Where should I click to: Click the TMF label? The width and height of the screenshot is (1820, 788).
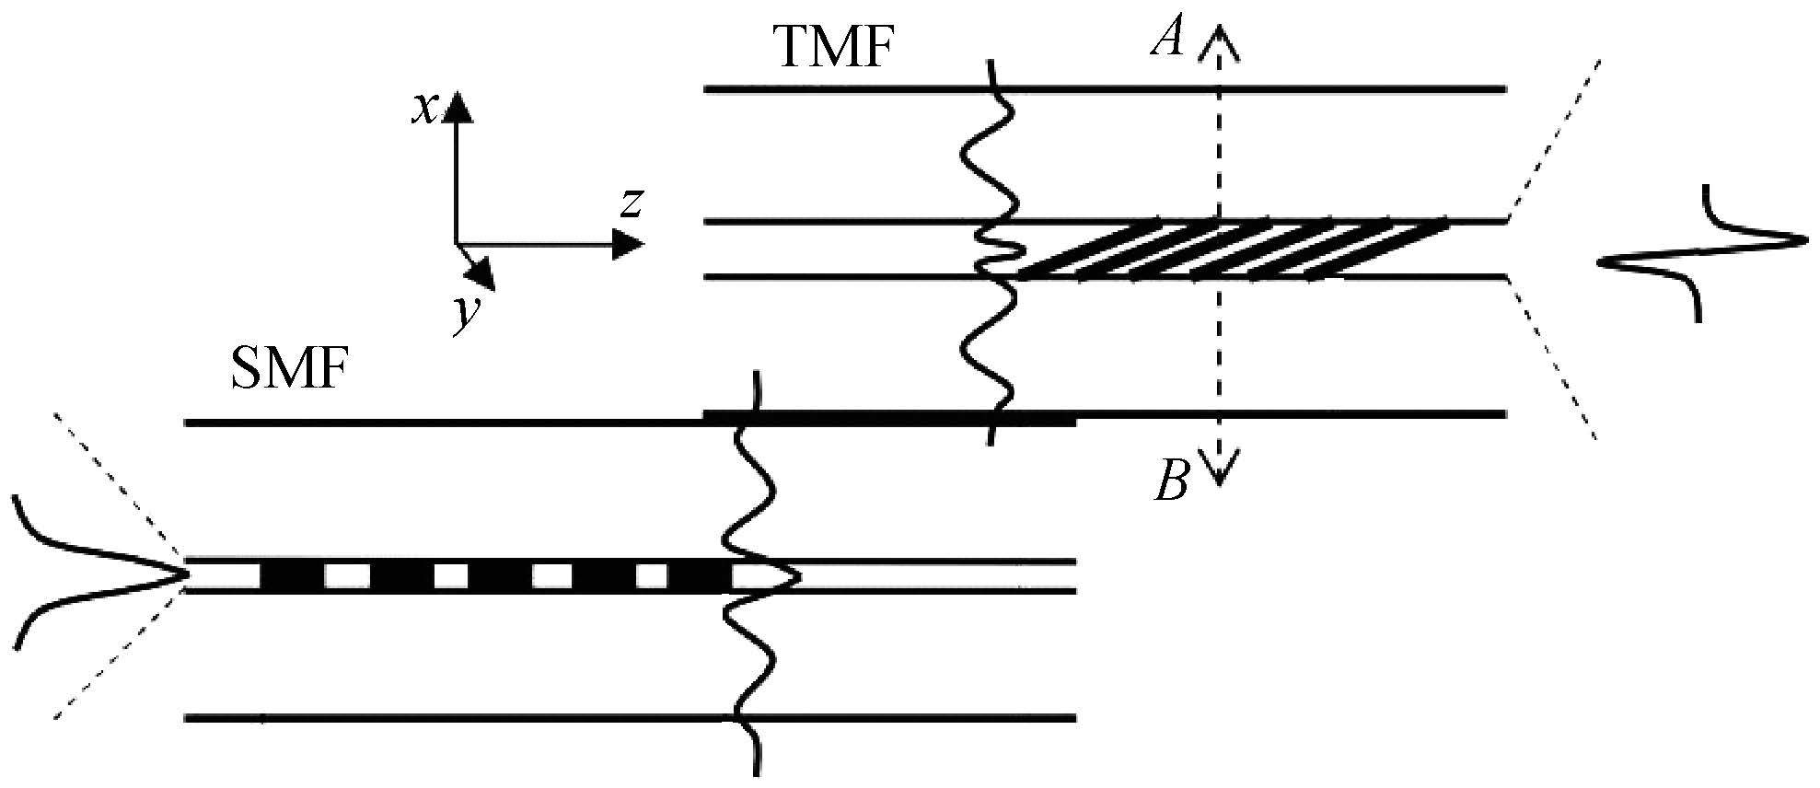click(835, 47)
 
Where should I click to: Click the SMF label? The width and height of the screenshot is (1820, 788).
click(288, 374)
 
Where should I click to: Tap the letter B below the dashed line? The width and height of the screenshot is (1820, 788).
click(1172, 480)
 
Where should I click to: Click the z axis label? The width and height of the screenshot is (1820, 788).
click(631, 203)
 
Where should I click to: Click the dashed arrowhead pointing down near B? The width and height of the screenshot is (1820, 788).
click(1218, 469)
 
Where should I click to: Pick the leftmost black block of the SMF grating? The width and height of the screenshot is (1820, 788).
click(293, 575)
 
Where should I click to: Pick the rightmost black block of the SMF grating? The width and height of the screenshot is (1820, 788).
click(700, 575)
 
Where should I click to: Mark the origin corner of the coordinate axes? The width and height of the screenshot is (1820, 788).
click(457, 244)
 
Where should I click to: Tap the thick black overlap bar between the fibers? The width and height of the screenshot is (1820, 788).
click(889, 418)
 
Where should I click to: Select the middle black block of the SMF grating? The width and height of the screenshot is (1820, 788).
click(499, 575)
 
